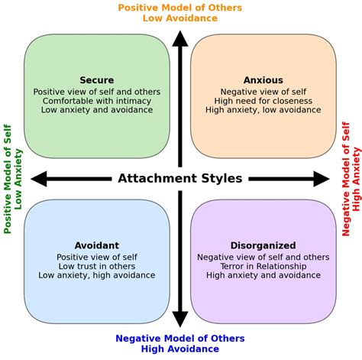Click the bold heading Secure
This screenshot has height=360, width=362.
(x=97, y=80)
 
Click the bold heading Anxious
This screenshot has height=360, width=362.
(x=263, y=80)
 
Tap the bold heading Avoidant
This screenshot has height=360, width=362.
(x=97, y=245)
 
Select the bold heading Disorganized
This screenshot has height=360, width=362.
(x=263, y=245)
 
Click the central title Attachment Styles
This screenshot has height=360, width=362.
(x=180, y=179)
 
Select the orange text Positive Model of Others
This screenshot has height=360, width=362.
(x=180, y=8)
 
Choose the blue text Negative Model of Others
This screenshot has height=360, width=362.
(x=180, y=339)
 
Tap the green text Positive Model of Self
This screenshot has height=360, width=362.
(x=8, y=179)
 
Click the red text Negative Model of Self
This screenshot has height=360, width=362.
(x=346, y=179)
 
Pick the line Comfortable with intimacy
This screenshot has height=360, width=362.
(x=97, y=101)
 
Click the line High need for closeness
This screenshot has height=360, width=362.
(x=263, y=101)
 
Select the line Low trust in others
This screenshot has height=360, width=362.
(x=97, y=266)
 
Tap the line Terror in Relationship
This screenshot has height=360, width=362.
(x=263, y=266)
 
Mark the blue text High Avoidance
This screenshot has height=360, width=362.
(x=180, y=350)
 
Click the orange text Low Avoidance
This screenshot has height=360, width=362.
(x=180, y=18)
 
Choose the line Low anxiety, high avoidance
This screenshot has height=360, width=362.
(x=97, y=275)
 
